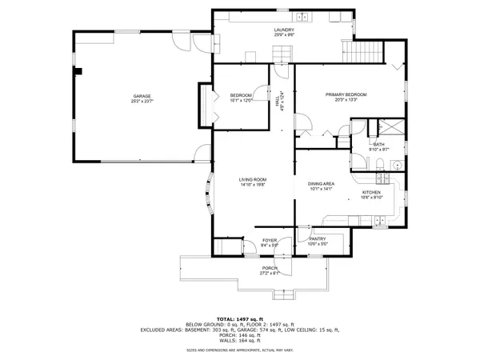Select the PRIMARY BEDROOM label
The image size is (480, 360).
346,95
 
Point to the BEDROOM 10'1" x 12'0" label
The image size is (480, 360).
241,96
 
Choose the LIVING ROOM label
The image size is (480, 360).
252,179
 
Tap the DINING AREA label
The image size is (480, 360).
321,184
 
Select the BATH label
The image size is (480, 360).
379,144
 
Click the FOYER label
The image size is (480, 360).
270,240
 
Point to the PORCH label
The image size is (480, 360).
268,268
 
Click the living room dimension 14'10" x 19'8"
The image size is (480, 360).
252,184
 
